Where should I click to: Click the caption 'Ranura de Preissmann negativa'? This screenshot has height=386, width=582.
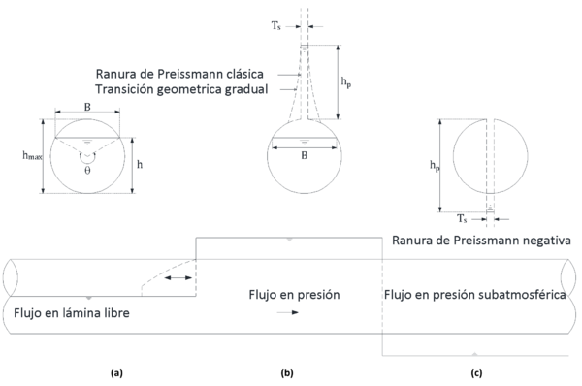click(x=481, y=239)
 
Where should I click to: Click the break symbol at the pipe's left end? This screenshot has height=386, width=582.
click(x=10, y=276)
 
